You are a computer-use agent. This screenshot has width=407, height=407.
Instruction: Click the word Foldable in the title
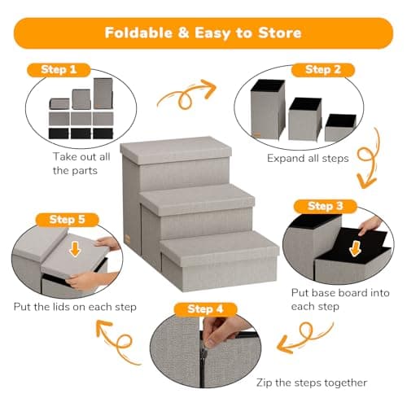pos(141,33)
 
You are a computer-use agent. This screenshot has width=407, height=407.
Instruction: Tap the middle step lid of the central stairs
pos(198,198)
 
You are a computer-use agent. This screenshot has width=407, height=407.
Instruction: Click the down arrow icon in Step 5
pos(73,247)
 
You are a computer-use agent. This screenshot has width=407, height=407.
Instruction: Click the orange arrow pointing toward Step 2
pos(186,95)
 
